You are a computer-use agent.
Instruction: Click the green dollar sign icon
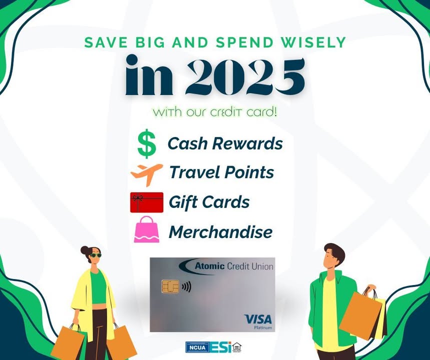tap(147, 143)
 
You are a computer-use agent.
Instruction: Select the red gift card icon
tap(147, 202)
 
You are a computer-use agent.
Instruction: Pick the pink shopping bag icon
tap(147, 229)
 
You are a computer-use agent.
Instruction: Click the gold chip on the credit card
tap(170, 286)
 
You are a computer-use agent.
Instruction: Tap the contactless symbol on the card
tap(187, 287)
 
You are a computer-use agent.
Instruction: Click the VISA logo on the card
tap(258, 319)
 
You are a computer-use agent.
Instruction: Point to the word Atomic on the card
tap(210, 266)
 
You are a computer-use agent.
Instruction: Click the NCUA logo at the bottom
tap(197, 347)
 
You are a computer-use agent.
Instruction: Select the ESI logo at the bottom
tap(221, 347)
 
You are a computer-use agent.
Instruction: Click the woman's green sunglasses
tap(96, 255)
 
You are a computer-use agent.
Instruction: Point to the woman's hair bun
tap(85, 250)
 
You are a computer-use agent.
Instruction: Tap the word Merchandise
tap(220, 232)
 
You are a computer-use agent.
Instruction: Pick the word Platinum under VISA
tap(263, 327)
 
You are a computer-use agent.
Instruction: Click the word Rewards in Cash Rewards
tap(247, 143)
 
